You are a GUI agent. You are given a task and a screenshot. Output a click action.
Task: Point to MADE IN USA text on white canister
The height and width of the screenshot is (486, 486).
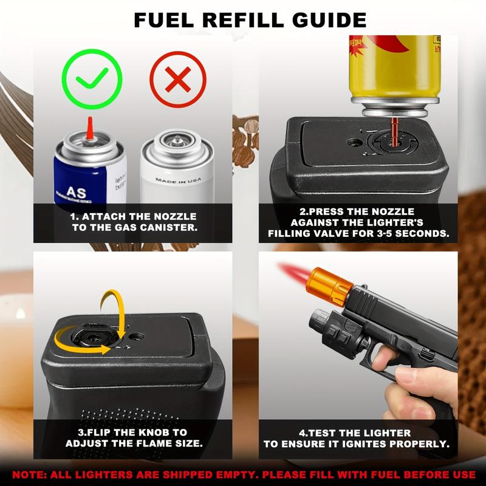click(x=177, y=181)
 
